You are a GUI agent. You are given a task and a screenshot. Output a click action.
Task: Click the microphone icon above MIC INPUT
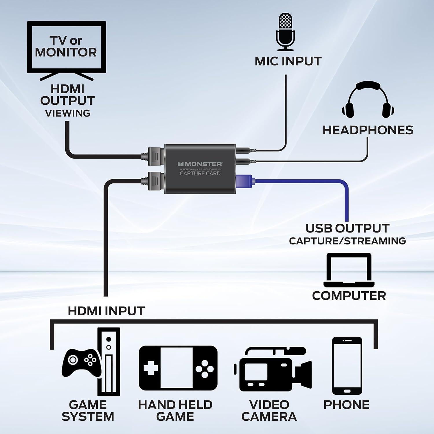point(285,32)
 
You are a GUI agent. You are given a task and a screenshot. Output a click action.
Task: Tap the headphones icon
point(368,100)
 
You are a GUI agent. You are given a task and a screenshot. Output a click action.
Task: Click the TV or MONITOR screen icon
point(67,47)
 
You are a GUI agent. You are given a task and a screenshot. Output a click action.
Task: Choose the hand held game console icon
point(178,368)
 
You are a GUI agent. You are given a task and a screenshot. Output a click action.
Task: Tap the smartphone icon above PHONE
point(347,366)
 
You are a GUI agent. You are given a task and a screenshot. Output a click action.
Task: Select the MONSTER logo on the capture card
point(200,164)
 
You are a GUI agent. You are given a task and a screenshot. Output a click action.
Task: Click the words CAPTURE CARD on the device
point(200,174)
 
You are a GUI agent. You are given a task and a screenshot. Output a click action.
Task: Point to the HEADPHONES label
point(368,130)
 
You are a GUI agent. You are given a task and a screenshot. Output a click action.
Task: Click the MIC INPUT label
point(288,61)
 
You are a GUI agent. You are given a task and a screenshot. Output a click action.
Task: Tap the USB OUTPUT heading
point(347,228)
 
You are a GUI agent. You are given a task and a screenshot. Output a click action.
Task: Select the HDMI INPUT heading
point(106,311)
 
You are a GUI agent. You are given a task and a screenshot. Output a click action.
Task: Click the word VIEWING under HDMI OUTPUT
point(68,113)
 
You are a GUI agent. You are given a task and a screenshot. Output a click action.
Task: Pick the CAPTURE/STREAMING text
point(347,241)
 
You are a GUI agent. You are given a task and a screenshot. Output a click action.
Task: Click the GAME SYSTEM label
point(88,411)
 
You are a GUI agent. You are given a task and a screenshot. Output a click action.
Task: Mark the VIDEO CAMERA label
point(269,411)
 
